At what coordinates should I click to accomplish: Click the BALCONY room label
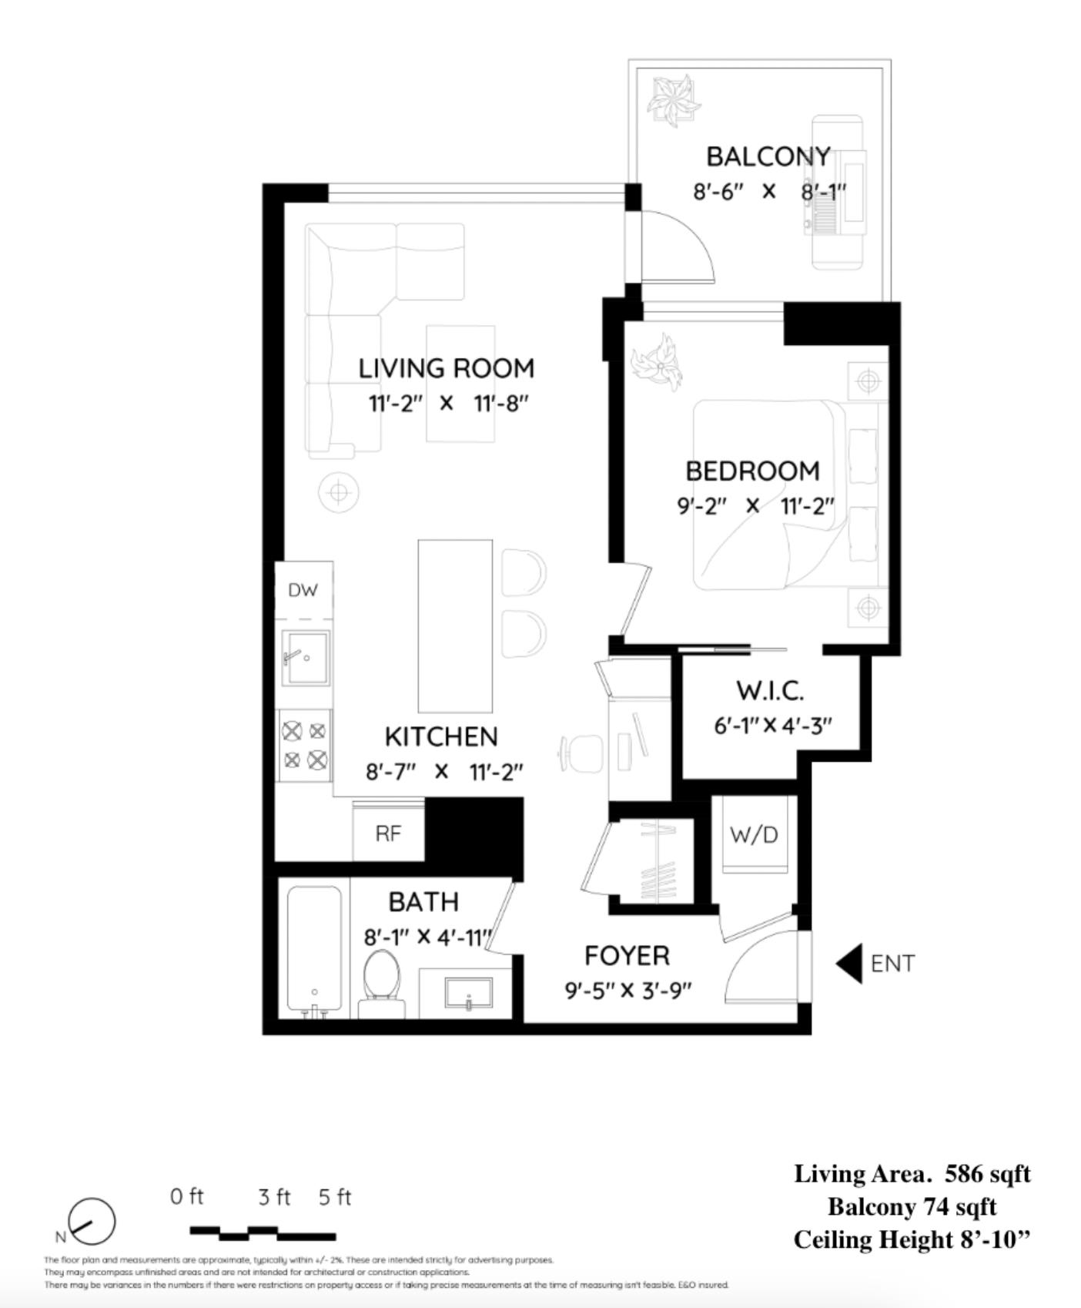[768, 156]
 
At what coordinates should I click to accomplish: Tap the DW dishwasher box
[303, 590]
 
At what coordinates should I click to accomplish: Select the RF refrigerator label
[388, 833]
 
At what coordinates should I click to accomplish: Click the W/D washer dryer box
[754, 835]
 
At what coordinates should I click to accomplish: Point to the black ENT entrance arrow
[849, 964]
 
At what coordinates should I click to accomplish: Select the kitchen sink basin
[306, 657]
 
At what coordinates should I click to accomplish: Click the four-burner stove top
[304, 745]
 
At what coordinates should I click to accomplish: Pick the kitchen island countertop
[455, 625]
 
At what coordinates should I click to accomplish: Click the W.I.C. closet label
[770, 690]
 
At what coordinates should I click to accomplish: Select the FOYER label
[627, 956]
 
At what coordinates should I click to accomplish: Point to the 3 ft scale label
[274, 1197]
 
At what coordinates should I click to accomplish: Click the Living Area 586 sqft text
[912, 1174]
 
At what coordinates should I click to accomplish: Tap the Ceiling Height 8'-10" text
[912, 1239]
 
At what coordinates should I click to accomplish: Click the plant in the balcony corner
[673, 100]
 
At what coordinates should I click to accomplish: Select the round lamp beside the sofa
[339, 491]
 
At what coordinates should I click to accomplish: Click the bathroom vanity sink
[468, 993]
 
